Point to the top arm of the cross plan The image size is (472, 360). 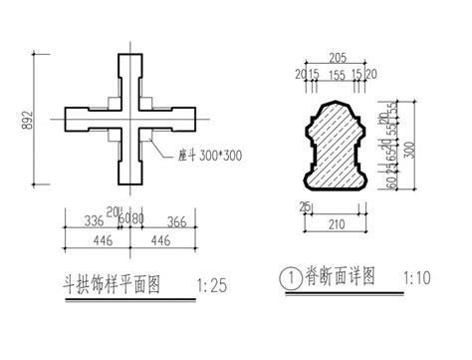coord(129,75)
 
